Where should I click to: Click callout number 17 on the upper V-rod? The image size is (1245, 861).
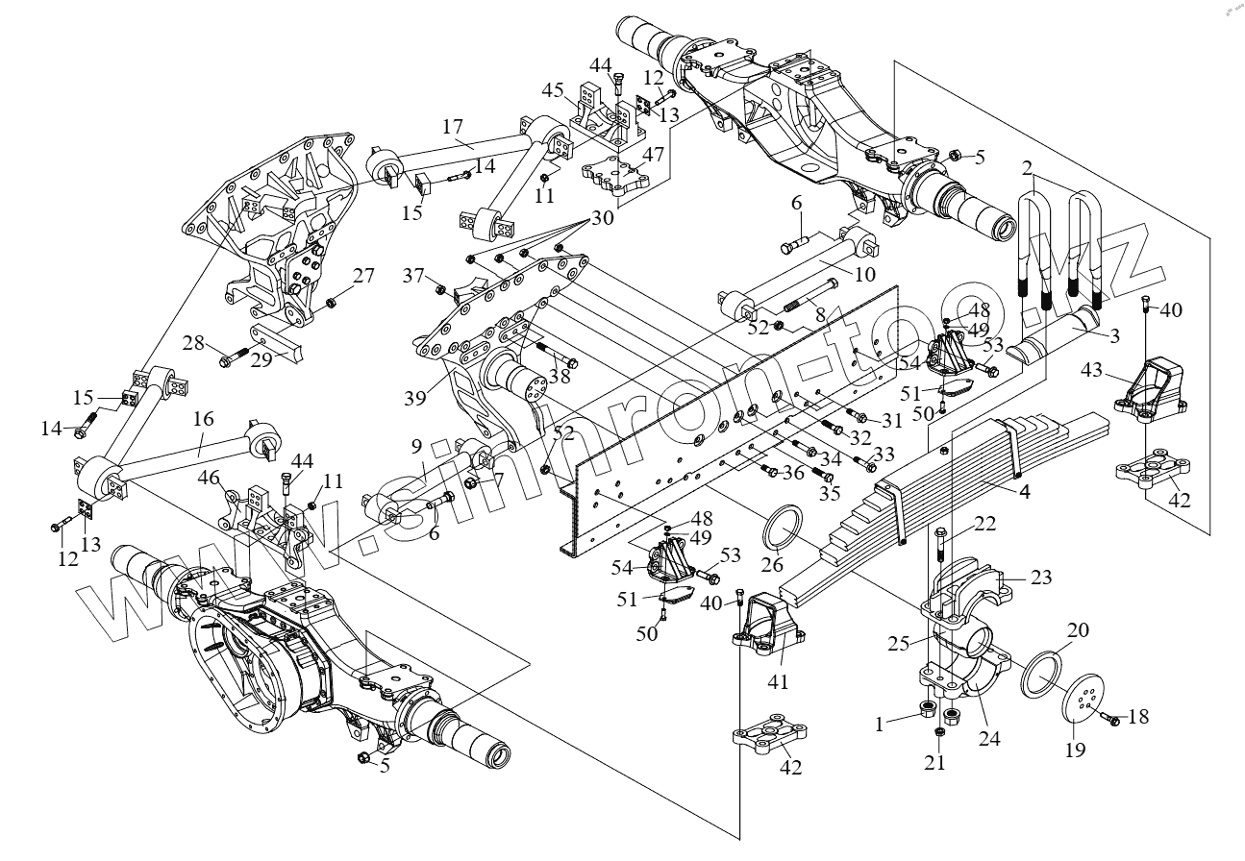coord(453,127)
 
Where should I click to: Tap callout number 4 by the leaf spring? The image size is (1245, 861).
coord(1025,492)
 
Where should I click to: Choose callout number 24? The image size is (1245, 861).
coord(990,739)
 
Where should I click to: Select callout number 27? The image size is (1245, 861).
coord(361,276)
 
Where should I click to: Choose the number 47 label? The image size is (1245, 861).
coord(655,154)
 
